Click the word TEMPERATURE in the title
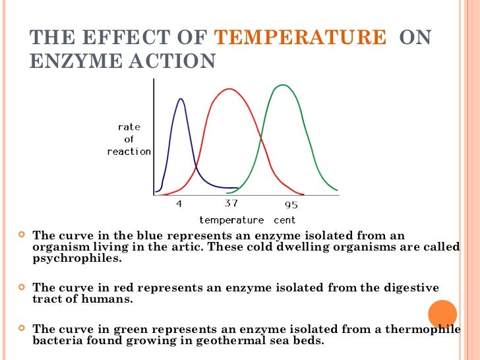[x=301, y=38]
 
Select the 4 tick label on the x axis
[x=179, y=204]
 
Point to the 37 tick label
[x=231, y=204]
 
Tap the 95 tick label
[x=291, y=204]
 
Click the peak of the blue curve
[x=181, y=99]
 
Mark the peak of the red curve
[x=228, y=89]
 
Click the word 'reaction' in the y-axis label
[x=129, y=152]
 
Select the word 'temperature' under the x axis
[x=231, y=220]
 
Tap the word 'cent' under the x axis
[x=285, y=220]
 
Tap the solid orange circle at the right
[x=442, y=315]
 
